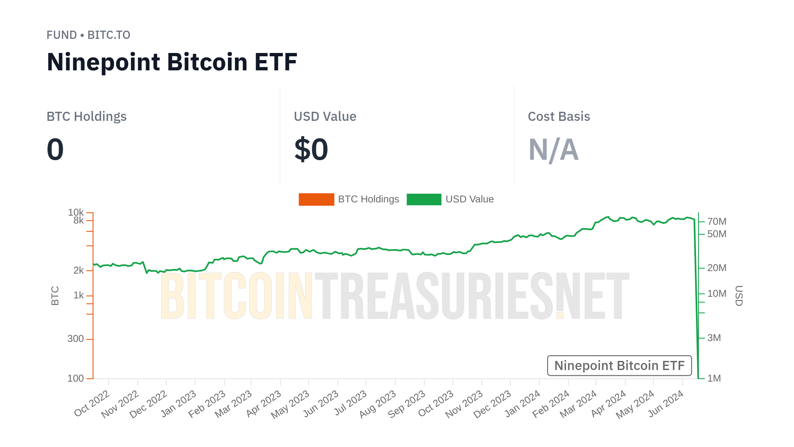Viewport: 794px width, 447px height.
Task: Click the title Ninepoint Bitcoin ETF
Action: click(172, 62)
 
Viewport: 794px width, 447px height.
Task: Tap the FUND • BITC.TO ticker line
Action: click(88, 35)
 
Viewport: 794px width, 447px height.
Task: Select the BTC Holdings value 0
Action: click(55, 149)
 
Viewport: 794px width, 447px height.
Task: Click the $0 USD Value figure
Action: click(311, 149)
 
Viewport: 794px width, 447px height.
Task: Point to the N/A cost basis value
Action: click(553, 149)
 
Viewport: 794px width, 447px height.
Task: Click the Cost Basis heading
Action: click(559, 117)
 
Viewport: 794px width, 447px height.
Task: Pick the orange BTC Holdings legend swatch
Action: click(316, 199)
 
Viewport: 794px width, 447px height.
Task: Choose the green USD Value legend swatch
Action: click(424, 199)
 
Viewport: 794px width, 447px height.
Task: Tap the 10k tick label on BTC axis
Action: click(76, 212)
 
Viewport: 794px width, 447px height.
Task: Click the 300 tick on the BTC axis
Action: click(76, 339)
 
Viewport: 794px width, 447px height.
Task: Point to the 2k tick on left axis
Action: click(79, 271)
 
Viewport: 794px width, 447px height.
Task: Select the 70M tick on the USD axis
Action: click(717, 221)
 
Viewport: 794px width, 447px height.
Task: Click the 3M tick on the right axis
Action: click(714, 338)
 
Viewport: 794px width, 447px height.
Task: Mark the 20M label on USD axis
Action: click(717, 268)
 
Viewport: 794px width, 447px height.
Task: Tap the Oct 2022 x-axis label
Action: click(92, 404)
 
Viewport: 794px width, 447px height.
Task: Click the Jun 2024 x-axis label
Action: click(666, 404)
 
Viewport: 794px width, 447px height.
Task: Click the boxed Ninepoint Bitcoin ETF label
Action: click(619, 366)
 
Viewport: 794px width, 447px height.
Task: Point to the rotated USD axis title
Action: click(739, 296)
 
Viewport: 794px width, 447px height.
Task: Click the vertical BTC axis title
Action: click(55, 296)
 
